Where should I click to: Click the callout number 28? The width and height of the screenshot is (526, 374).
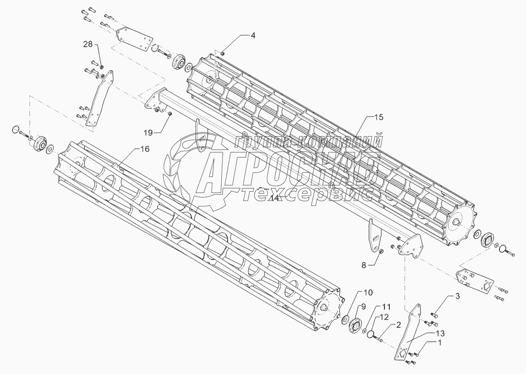pos(87,45)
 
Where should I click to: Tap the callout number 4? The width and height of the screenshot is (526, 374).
pos(253,35)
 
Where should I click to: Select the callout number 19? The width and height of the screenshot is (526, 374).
pos(148,132)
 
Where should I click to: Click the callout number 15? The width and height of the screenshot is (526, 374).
pos(379,117)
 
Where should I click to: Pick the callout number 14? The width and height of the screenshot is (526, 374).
pos(274,198)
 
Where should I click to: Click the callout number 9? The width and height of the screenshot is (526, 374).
pos(363,307)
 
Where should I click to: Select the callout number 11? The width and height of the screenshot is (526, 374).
pos(386,305)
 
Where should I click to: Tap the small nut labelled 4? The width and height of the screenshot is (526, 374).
pos(223,53)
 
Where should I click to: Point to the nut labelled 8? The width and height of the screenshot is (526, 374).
pos(381,253)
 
